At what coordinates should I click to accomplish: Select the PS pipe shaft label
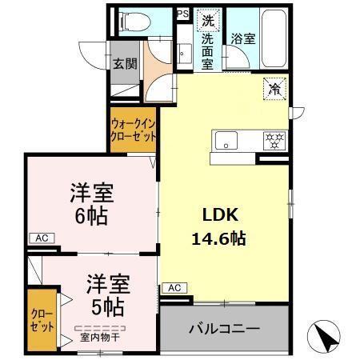coord(182,14)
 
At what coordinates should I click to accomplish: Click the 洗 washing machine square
coord(208,19)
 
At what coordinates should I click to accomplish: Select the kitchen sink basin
coord(226,140)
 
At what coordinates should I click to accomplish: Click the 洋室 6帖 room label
coord(90,202)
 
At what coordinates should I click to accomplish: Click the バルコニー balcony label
coord(224,328)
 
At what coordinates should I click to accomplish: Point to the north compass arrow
coord(325,334)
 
